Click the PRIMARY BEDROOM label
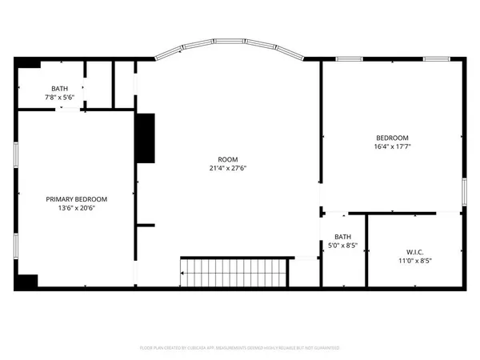coord(76,199)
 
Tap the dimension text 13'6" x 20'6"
coord(76,208)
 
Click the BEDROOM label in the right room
coord(391,138)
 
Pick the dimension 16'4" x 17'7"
coord(391,146)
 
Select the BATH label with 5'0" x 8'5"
coord(342,237)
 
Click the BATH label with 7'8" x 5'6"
coord(59,89)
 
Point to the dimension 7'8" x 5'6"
coord(59,97)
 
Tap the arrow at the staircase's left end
coord(184,273)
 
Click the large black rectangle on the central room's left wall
coord(144,138)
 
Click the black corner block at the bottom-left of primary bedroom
coord(28,281)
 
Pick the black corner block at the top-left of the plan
coord(28,64)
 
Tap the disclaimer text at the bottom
coord(240,348)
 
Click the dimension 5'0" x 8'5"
coord(342,246)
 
